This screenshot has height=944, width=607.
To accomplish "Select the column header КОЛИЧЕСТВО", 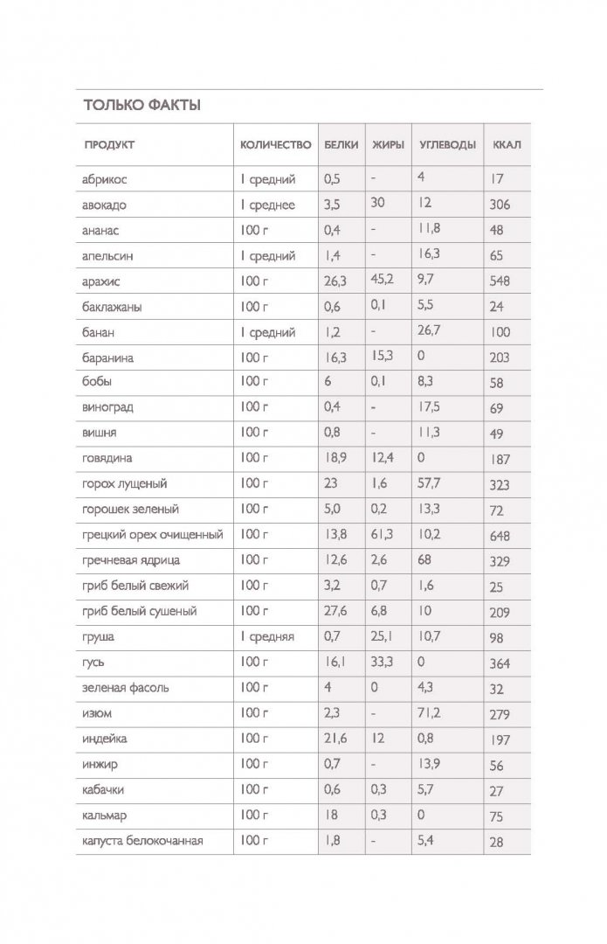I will click(x=275, y=145).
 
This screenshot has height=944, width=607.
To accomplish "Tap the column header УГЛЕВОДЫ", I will click(x=447, y=145).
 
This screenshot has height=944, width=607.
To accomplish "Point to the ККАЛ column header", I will click(x=507, y=145).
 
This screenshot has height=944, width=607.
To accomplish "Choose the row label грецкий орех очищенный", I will click(x=154, y=535).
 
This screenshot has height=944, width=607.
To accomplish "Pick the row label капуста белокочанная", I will click(x=143, y=841).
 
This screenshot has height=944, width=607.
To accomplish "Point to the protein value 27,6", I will click(x=335, y=611).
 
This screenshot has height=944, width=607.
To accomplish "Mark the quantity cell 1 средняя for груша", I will click(x=268, y=637).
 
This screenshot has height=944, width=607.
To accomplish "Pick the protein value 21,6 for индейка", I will click(x=335, y=739).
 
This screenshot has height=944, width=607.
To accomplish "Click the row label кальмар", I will click(x=106, y=816).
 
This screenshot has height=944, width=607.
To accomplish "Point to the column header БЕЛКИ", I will click(x=341, y=145).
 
